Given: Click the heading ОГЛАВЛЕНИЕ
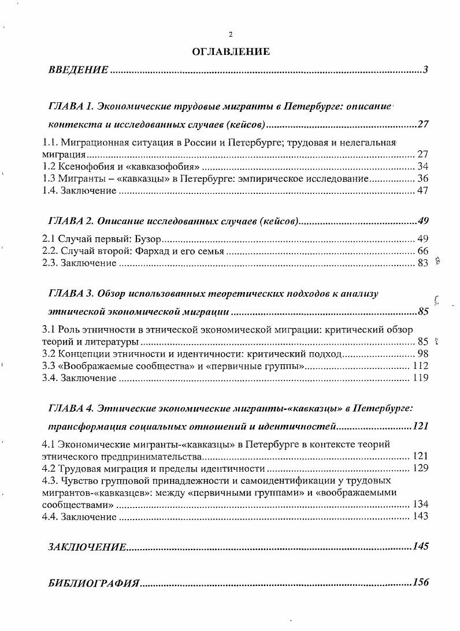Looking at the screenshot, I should tap(231, 52).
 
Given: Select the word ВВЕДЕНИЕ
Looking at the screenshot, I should tap(78, 70).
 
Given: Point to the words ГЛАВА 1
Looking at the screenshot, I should tap(71, 107).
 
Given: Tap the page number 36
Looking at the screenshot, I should tap(422, 179).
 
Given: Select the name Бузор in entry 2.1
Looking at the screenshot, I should tap(149, 239).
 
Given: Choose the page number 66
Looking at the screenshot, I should tap(422, 251).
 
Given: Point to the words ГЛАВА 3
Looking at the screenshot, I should tap(71, 294).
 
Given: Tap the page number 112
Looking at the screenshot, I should tap(420, 366).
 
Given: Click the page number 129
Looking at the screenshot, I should tap(420, 468).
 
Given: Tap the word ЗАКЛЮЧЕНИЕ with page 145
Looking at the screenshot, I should tap(87, 547).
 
